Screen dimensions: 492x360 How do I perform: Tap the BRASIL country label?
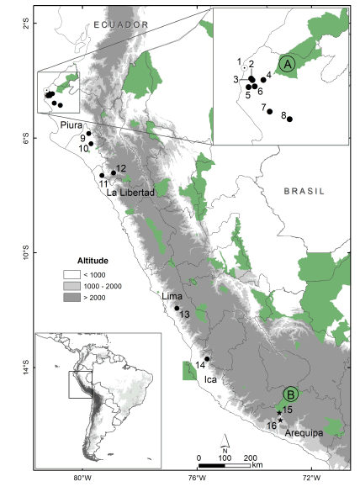(300, 191)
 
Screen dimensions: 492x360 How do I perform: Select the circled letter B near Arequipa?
(290, 394)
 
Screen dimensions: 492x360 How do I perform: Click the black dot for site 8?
(289, 119)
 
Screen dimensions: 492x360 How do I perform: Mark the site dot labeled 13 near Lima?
(177, 308)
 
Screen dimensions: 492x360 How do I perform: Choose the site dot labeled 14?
(207, 360)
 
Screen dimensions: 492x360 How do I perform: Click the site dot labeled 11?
(102, 176)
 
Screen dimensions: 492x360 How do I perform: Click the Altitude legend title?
(93, 259)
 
